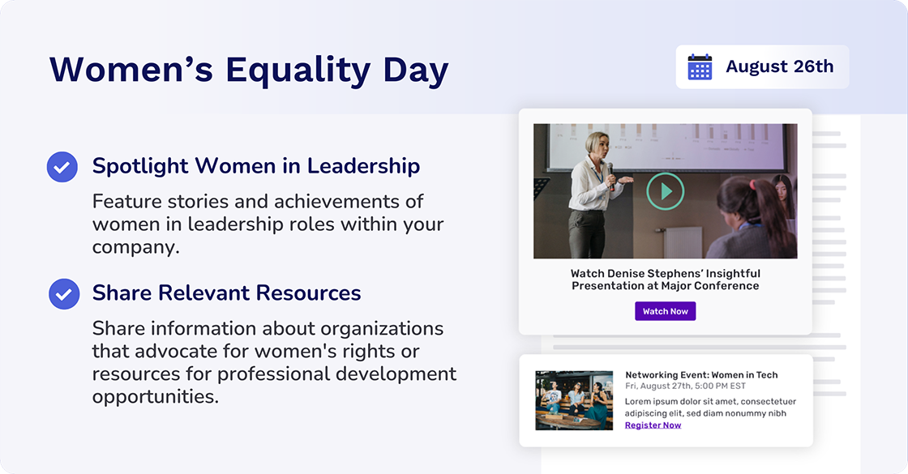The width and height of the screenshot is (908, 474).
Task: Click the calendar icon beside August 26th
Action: (x=700, y=66)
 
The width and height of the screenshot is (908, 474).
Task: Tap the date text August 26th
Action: (x=779, y=66)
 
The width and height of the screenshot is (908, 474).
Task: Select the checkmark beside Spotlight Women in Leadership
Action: (x=62, y=167)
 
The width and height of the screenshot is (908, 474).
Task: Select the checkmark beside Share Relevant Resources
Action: (x=64, y=293)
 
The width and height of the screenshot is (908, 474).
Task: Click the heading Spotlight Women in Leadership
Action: (x=255, y=166)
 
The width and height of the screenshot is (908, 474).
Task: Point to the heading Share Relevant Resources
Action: (x=226, y=293)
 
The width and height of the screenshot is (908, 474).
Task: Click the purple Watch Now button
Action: (x=665, y=311)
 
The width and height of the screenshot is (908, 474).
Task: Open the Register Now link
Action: (x=653, y=425)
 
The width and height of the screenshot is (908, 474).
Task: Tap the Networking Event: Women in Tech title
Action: (x=701, y=374)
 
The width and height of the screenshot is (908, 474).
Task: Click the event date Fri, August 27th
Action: (x=665, y=386)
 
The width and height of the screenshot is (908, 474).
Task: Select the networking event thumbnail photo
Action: (x=574, y=400)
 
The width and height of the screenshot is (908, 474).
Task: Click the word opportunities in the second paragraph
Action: (x=155, y=396)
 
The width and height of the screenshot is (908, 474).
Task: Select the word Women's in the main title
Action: (x=131, y=70)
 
